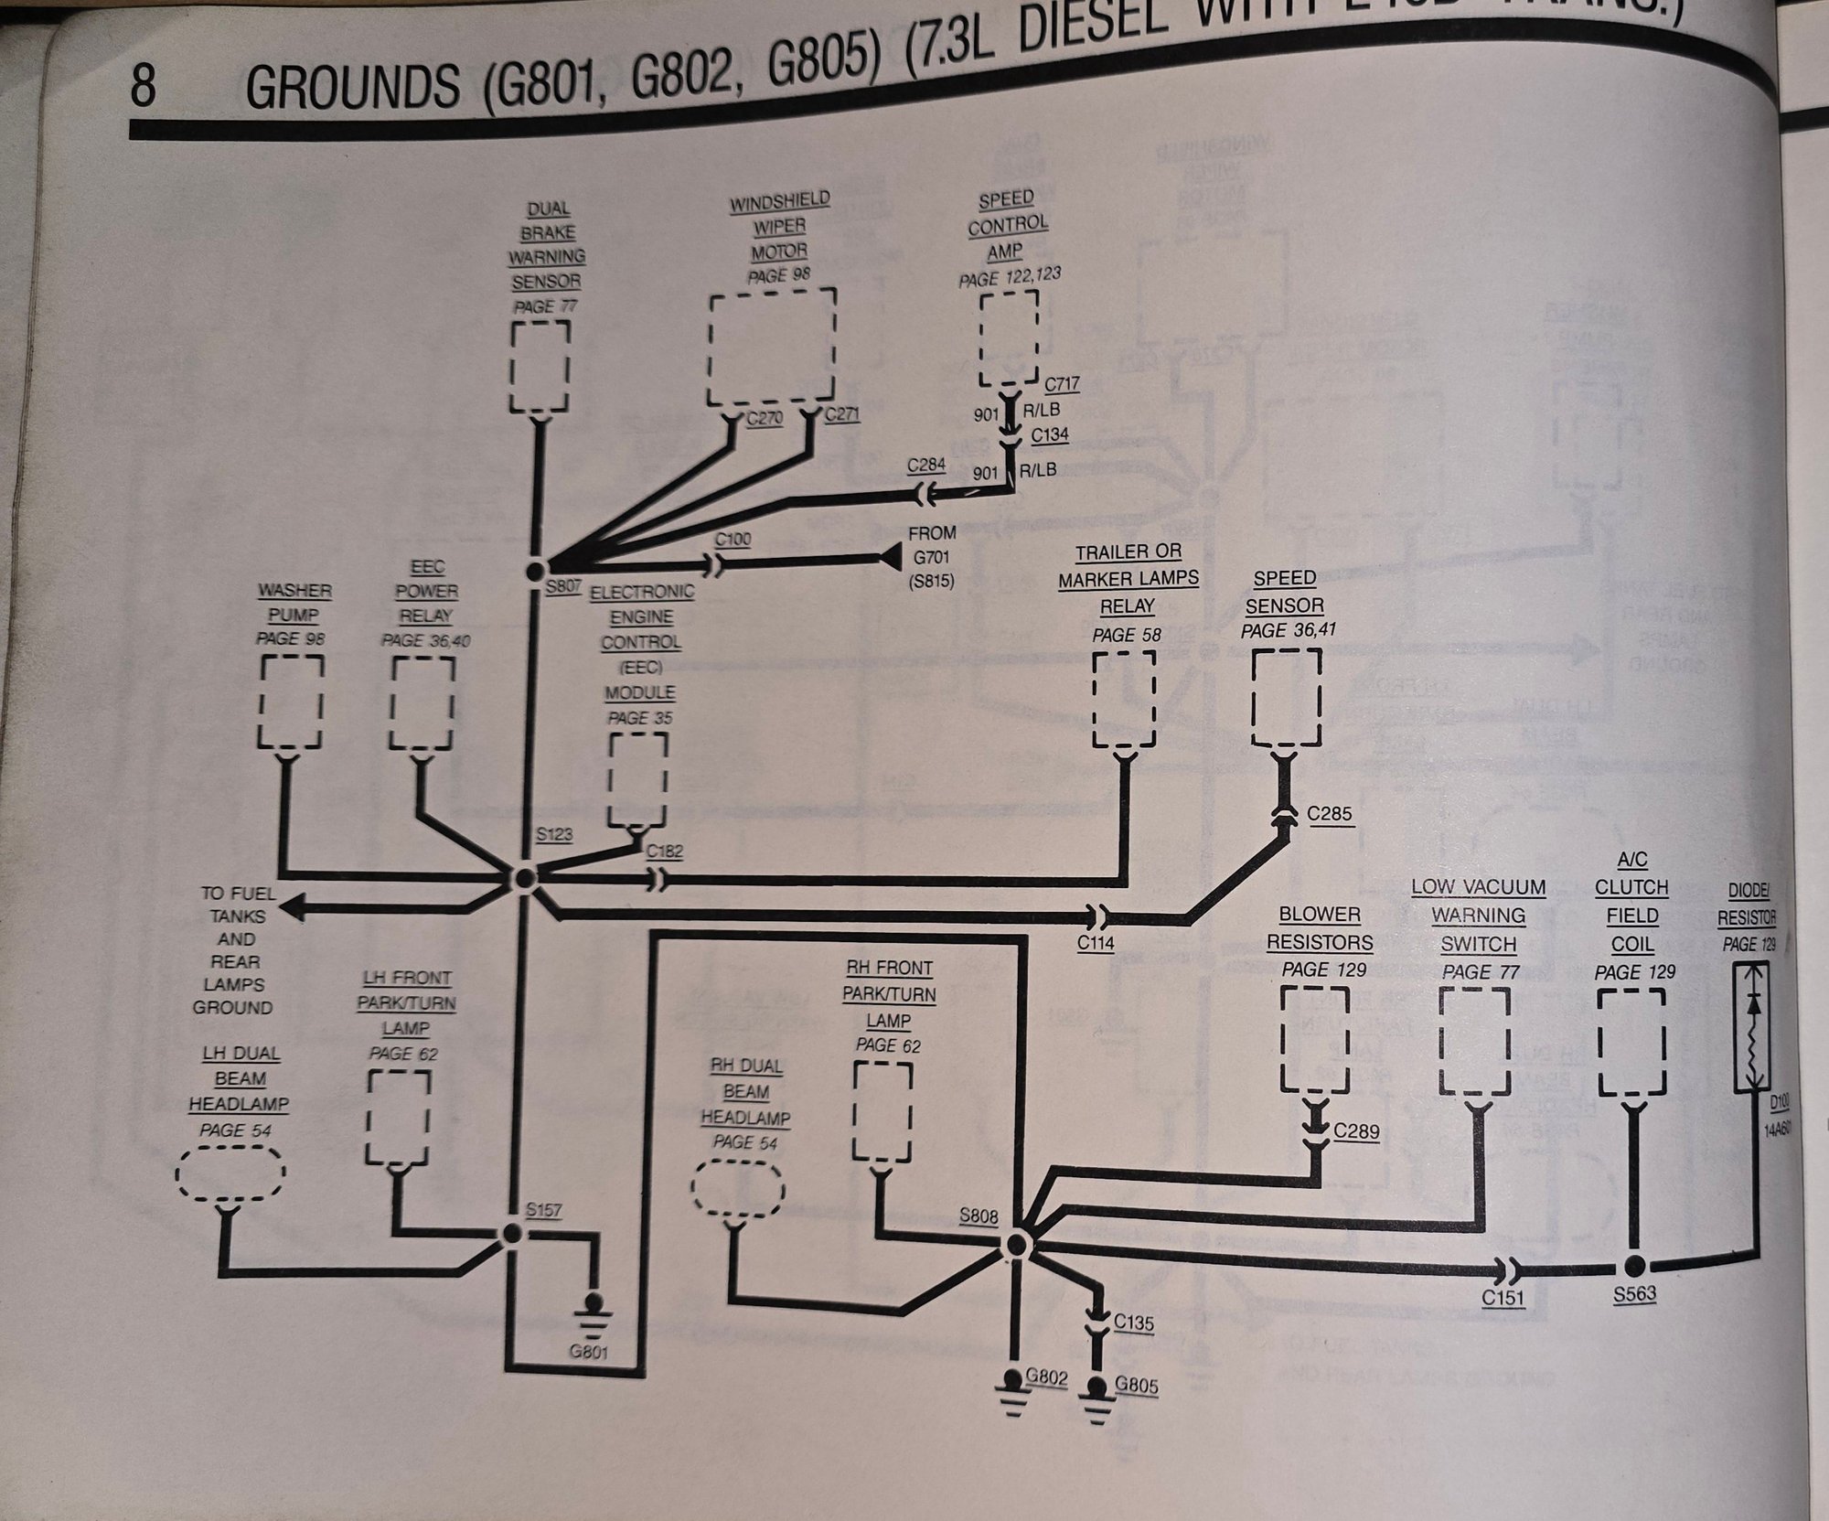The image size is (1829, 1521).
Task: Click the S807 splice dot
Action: coord(536,571)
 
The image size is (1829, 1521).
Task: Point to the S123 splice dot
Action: coord(525,878)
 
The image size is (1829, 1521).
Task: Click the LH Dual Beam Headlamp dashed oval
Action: coord(230,1173)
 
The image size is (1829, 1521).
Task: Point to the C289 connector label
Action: coord(1355,1131)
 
